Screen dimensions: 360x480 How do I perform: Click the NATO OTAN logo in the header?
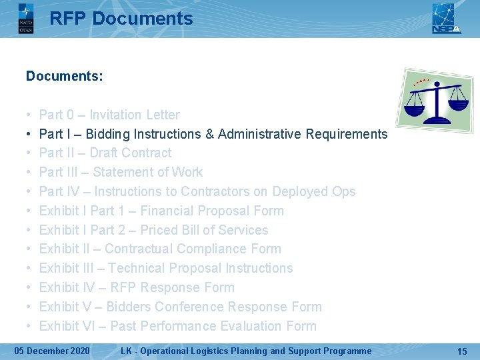25,18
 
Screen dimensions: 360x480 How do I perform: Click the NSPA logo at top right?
446,18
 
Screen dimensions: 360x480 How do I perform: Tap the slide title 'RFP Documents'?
121,19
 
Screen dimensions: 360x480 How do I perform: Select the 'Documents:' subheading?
65,76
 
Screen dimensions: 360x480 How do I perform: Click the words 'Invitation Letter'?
135,115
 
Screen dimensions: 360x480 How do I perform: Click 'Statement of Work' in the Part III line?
148,172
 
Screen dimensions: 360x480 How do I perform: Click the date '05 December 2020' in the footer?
53,351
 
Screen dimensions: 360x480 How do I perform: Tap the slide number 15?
462,351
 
